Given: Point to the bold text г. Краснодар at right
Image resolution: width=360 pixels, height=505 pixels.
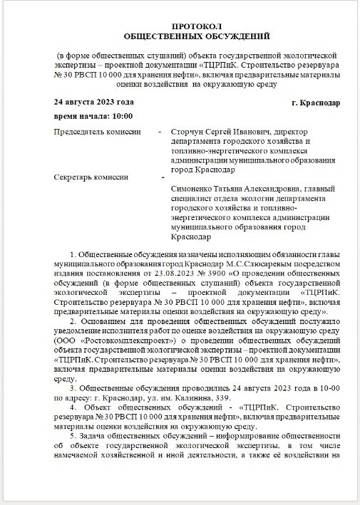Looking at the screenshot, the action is click(x=316, y=102).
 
